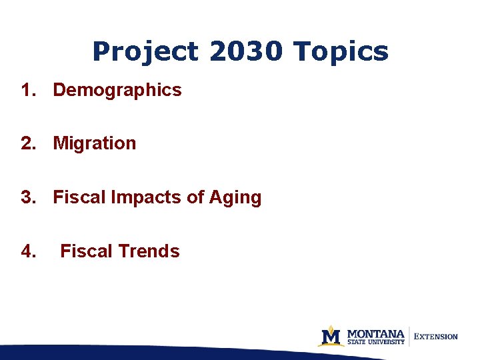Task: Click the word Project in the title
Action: (x=145, y=52)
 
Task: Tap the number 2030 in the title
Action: (x=246, y=52)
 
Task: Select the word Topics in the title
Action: (x=341, y=52)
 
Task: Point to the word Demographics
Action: (x=117, y=90)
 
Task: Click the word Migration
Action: (x=95, y=143)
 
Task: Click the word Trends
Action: (x=149, y=251)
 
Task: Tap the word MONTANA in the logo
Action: (x=376, y=333)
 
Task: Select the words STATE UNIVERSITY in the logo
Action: (x=376, y=342)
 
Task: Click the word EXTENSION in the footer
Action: (x=437, y=337)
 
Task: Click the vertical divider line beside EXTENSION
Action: (x=409, y=336)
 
